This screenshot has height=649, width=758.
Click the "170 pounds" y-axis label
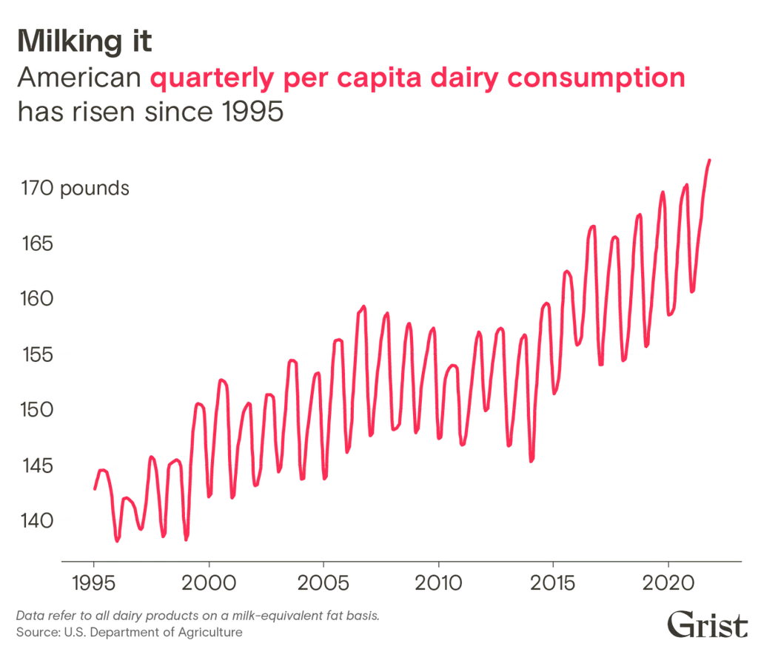[x=74, y=189]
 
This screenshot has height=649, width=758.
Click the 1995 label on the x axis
[x=94, y=585]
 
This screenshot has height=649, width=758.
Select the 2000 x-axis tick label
[x=209, y=585]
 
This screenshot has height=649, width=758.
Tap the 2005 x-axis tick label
[x=323, y=585]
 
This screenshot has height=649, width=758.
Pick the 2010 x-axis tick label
[x=438, y=585]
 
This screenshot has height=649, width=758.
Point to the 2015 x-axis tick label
[x=553, y=585]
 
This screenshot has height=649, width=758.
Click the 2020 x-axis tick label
[x=668, y=585]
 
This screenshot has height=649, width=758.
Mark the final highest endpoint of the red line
[x=711, y=158]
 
